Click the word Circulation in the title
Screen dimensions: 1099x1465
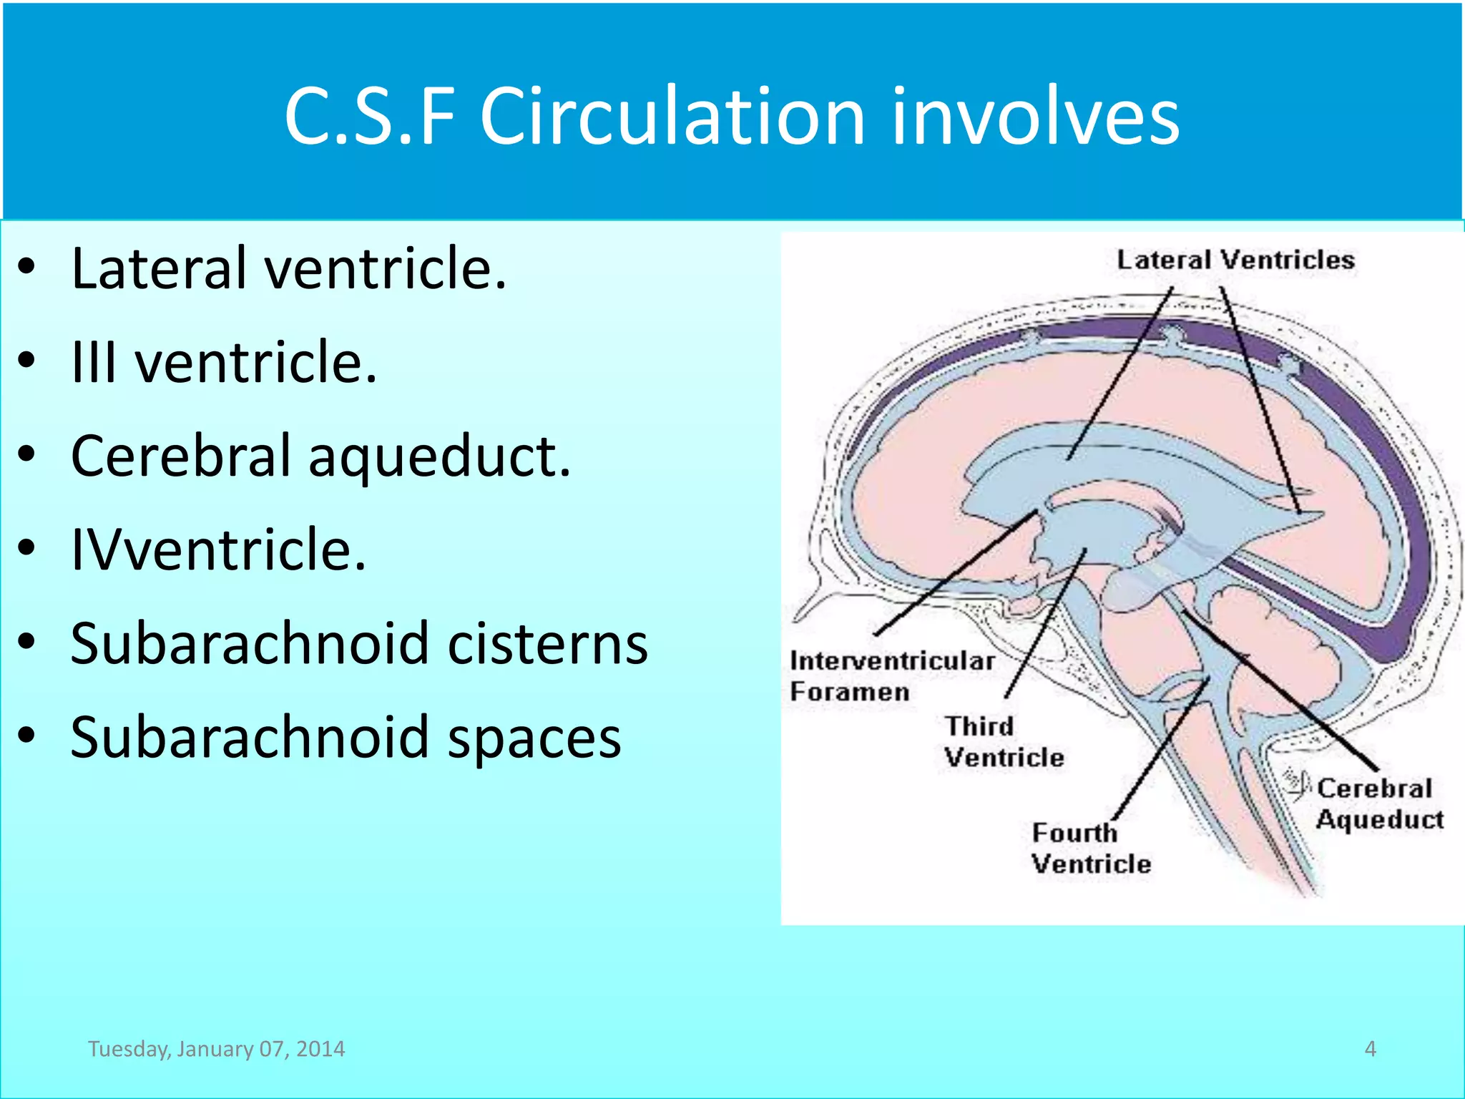pyautogui.click(x=672, y=116)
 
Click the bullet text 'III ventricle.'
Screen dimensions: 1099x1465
pyautogui.click(x=224, y=362)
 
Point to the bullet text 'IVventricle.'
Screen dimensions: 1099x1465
pyautogui.click(x=219, y=549)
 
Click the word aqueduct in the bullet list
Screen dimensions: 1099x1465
pyautogui.click(x=439, y=456)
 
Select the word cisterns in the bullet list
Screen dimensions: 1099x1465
pyautogui.click(x=547, y=643)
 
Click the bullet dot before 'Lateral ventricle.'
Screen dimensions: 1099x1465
pyautogui.click(x=26, y=268)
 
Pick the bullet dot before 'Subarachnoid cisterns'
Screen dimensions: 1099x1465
pyautogui.click(x=26, y=643)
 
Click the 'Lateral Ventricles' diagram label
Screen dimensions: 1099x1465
pyautogui.click(x=1235, y=260)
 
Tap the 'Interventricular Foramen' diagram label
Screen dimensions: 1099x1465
pyautogui.click(x=891, y=676)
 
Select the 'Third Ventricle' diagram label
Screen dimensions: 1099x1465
pyautogui.click(x=1004, y=742)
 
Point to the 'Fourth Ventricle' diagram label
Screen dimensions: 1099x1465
pyautogui.click(x=1091, y=849)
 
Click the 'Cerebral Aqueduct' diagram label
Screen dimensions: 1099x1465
pyautogui.click(x=1380, y=804)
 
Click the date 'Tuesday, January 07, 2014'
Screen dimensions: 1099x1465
pyautogui.click(x=216, y=1049)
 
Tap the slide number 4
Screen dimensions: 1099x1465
pyautogui.click(x=1370, y=1049)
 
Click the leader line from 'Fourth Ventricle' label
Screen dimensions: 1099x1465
pyautogui.click(x=1159, y=751)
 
